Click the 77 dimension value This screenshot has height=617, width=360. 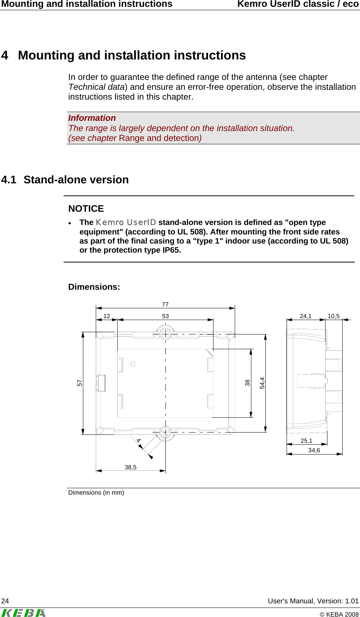[x=165, y=304]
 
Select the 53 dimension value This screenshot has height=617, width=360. [x=165, y=316]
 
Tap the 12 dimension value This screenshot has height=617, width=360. [x=107, y=316]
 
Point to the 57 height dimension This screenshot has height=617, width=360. [x=79, y=383]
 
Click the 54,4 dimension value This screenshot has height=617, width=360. [x=262, y=383]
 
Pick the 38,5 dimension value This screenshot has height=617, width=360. [x=131, y=467]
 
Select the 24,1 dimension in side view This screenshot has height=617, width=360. [x=305, y=316]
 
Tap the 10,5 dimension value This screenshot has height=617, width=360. [x=334, y=316]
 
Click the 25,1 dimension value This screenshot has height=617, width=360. [x=306, y=440]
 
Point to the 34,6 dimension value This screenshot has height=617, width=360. [x=314, y=450]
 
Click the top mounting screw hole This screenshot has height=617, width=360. [x=165, y=334]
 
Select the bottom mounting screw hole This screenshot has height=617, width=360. [x=165, y=432]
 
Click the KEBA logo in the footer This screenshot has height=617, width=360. [x=23, y=612]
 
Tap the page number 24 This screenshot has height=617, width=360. [x=5, y=601]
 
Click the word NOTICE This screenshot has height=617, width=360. [x=86, y=209]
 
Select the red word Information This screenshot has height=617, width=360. [x=92, y=118]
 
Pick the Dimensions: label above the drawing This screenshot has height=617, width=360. [x=94, y=287]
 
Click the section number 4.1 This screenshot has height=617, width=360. [x=9, y=180]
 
